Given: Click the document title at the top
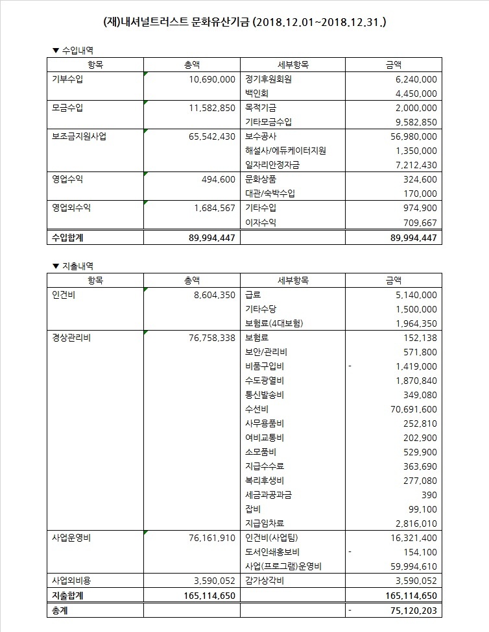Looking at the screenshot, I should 244,22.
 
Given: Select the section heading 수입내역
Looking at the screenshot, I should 80,50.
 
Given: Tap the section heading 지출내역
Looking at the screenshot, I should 80,266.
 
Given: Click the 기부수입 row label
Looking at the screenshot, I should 67,79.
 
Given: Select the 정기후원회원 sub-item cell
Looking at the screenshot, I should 269,79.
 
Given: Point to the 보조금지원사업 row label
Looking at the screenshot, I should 79,136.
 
